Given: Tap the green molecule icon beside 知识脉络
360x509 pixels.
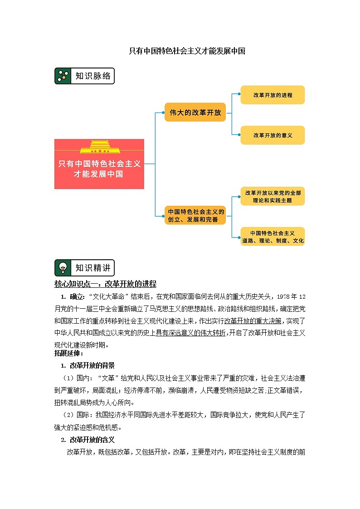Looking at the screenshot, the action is click(x=63, y=76).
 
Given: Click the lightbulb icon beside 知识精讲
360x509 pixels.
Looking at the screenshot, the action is click(x=63, y=268).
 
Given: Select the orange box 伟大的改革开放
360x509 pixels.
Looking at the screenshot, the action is click(x=195, y=112).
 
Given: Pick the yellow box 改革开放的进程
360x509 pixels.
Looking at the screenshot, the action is click(x=272, y=95).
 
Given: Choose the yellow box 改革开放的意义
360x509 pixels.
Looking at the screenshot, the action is click(x=272, y=135).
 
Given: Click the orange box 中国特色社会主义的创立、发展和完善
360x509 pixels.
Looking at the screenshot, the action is click(x=195, y=215).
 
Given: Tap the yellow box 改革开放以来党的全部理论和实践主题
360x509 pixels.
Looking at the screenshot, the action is click(x=272, y=196).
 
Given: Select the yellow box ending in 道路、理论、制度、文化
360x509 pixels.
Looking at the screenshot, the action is click(x=272, y=237).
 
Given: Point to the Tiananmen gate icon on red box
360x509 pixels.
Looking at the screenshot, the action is click(x=99, y=147).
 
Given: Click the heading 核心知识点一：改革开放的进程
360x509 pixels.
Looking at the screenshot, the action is click(x=105, y=284).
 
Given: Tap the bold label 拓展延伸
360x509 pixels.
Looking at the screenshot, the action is click(x=62, y=354).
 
